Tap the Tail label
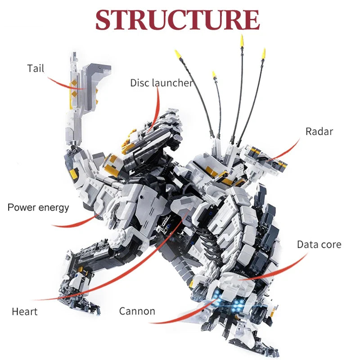[36, 68]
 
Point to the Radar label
[319, 131]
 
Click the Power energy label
[38, 207]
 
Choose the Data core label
[319, 245]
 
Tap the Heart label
[24, 311]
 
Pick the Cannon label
[137, 311]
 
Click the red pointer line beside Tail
[65, 85]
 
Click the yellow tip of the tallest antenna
[242, 40]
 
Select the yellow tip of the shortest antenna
[214, 75]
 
